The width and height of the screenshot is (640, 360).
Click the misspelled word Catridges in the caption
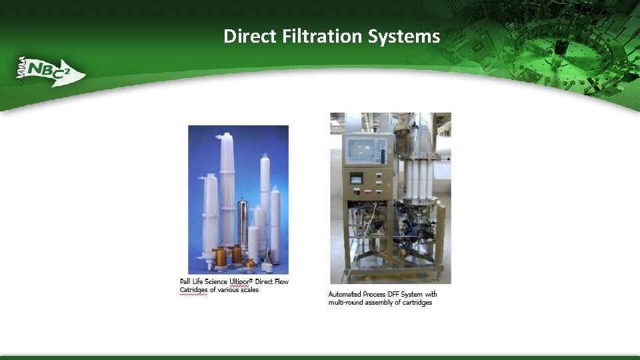193,290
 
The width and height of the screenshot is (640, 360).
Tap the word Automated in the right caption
345,294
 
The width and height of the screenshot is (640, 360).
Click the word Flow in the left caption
281,282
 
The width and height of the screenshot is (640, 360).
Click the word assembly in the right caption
381,303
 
